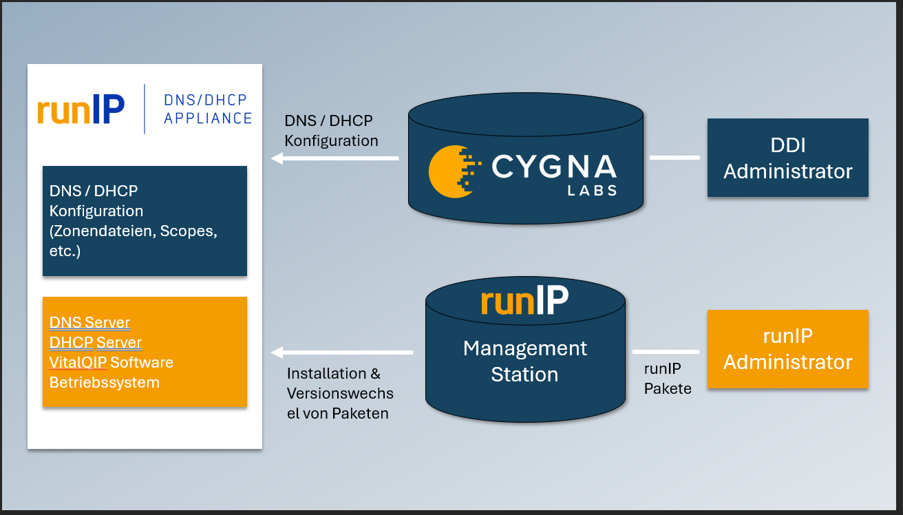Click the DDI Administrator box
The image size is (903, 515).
coord(787,158)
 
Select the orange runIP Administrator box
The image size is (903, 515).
coord(787,349)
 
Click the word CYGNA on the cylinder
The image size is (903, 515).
coord(553,167)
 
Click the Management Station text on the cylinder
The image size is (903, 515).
coord(524,361)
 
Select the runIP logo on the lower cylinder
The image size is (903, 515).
coord(524,301)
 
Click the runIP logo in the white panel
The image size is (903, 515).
coord(81,109)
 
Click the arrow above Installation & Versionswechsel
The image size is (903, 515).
coord(342,353)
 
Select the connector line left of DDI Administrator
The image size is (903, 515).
coord(674,158)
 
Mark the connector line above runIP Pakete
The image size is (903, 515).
coord(666,352)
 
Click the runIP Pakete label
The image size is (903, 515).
coord(668,379)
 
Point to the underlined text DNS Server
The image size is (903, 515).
coord(89,322)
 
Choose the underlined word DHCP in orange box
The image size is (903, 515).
coord(71,342)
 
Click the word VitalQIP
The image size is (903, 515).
coord(78,362)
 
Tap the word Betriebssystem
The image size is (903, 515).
coord(104,382)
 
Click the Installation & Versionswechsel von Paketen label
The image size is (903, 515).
coord(340,394)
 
